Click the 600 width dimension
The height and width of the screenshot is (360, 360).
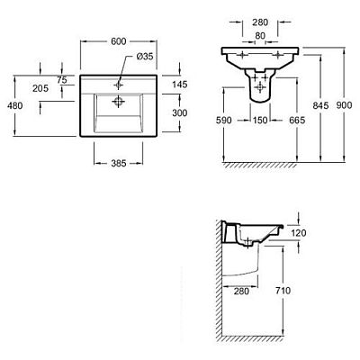(x=119, y=41)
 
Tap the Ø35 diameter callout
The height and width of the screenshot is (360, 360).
(x=145, y=57)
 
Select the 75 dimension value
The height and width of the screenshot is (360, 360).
(x=61, y=80)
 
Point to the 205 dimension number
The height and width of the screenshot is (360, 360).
(x=40, y=88)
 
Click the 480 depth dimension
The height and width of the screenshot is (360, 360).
(x=15, y=105)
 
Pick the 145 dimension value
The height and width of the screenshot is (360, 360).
(x=180, y=85)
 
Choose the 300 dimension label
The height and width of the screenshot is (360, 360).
(x=180, y=112)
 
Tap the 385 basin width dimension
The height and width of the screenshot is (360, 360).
(x=119, y=163)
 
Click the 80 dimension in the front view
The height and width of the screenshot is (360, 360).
(x=260, y=36)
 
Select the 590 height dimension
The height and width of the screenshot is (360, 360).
(x=224, y=121)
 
